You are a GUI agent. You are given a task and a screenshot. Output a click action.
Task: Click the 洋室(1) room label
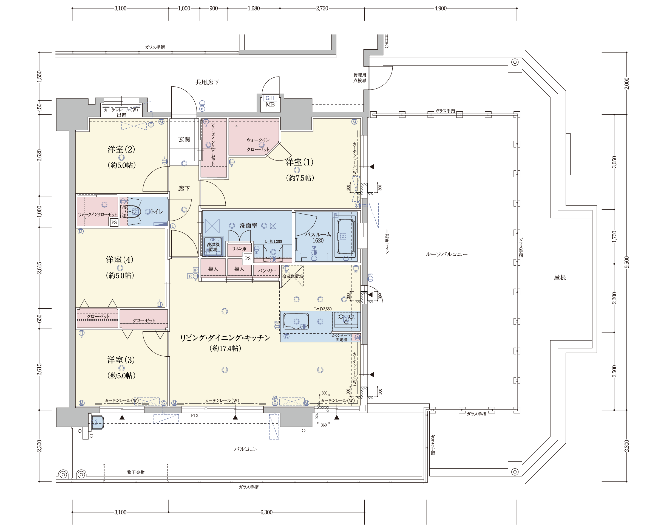299,162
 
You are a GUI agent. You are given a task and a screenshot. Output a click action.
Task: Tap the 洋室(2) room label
121,149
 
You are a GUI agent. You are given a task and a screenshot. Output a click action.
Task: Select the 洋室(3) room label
121,360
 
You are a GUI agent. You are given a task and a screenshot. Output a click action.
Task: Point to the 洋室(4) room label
120,260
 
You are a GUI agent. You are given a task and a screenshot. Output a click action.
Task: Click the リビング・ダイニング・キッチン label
225,338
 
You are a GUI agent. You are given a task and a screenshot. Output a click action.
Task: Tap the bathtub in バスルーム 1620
345,237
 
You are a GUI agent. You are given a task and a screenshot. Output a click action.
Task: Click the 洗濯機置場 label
213,247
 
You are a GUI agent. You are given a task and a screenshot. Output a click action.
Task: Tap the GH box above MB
270,98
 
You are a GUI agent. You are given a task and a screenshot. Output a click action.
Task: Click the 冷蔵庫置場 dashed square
292,276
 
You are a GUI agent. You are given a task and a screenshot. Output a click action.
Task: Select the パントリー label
267,271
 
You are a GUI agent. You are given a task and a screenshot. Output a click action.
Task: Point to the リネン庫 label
239,249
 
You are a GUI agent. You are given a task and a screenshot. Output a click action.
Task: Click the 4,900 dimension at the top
440,9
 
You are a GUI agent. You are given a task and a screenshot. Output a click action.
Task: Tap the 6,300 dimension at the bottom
266,512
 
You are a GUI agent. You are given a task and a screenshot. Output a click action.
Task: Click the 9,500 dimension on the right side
626,262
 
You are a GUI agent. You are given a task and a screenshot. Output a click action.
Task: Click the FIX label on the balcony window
195,416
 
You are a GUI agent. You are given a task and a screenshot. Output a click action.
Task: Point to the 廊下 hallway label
184,188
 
